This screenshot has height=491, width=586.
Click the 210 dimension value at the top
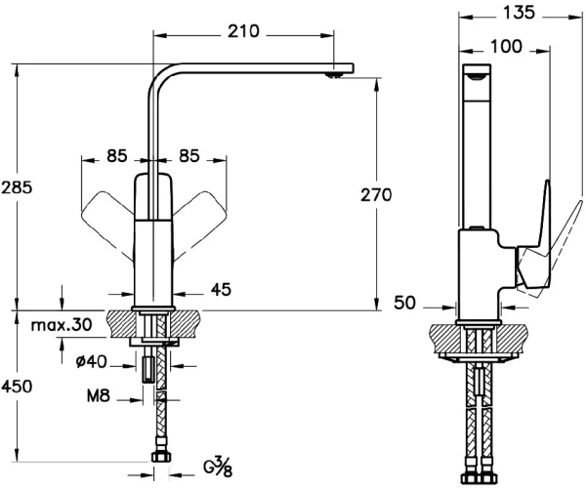(x=245, y=31)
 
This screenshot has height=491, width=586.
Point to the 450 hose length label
(x=18, y=387)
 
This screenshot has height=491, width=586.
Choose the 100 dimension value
(x=507, y=46)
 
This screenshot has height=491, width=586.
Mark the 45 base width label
(x=221, y=290)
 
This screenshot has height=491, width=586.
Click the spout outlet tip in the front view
(x=338, y=71)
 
